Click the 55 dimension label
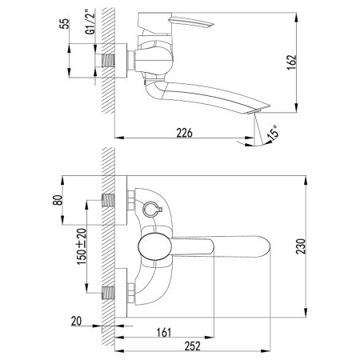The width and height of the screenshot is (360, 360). click(x=66, y=23)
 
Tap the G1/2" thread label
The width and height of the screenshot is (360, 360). click(x=90, y=22)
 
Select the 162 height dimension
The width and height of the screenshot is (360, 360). click(x=292, y=62)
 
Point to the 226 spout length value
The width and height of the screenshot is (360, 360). click(x=184, y=133)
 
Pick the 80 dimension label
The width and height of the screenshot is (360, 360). click(x=58, y=200)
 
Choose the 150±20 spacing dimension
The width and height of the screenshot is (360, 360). click(x=82, y=246)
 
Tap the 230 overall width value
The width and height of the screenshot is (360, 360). click(x=301, y=246)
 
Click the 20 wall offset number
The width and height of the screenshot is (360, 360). click(x=76, y=321)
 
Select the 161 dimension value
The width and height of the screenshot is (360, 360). click(x=163, y=333)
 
